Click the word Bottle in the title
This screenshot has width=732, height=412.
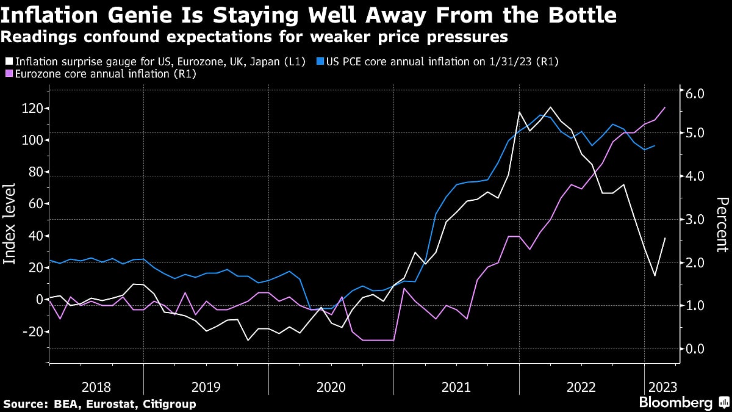tap(578, 15)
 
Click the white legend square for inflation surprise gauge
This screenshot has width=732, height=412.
tap(8, 62)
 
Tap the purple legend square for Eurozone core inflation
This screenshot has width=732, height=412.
tap(8, 74)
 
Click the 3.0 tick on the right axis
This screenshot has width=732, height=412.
tap(695, 219)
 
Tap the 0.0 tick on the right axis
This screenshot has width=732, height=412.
tap(695, 349)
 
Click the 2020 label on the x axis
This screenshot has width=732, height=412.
tap(331, 387)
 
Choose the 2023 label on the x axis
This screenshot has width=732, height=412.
tap(660, 387)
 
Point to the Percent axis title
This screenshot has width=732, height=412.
tap(721, 224)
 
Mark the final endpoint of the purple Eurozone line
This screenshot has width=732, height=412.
tap(665, 107)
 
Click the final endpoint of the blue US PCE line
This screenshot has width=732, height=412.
tap(655, 146)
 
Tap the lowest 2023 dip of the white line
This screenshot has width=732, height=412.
tap(655, 276)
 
